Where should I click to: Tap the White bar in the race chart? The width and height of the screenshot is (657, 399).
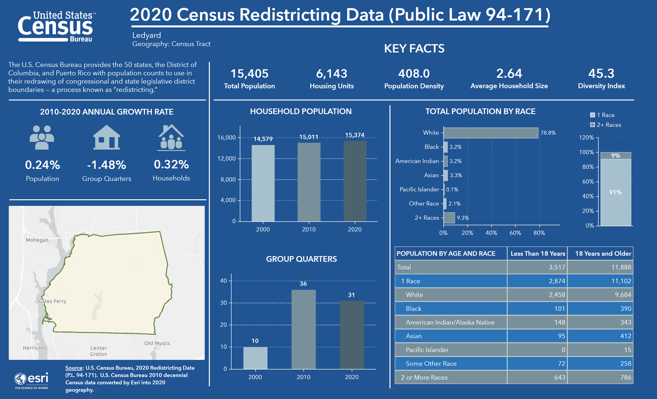tap(491, 133)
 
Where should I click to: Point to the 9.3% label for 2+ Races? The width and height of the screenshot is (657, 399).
tap(463, 218)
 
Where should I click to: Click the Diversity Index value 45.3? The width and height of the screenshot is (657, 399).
tap(601, 74)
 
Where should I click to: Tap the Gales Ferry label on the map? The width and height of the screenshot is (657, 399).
tap(53, 301)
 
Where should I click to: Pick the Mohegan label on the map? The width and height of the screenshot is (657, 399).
tap(37, 240)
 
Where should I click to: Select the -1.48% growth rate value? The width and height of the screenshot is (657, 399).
tap(107, 165)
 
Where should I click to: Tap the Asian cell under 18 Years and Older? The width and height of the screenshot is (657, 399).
tap(626, 336)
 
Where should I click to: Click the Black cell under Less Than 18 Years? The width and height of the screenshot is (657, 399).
tap(560, 309)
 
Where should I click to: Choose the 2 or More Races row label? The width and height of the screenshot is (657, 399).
tap(424, 377)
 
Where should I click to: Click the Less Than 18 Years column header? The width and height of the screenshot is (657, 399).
tap(538, 253)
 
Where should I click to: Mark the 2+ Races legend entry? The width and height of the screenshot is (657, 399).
tap(606, 125)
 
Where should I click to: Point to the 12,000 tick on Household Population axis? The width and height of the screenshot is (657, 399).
tap(227, 158)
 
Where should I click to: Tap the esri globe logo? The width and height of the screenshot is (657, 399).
tap(20, 378)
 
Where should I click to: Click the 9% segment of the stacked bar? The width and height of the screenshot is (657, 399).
tap(616, 155)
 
